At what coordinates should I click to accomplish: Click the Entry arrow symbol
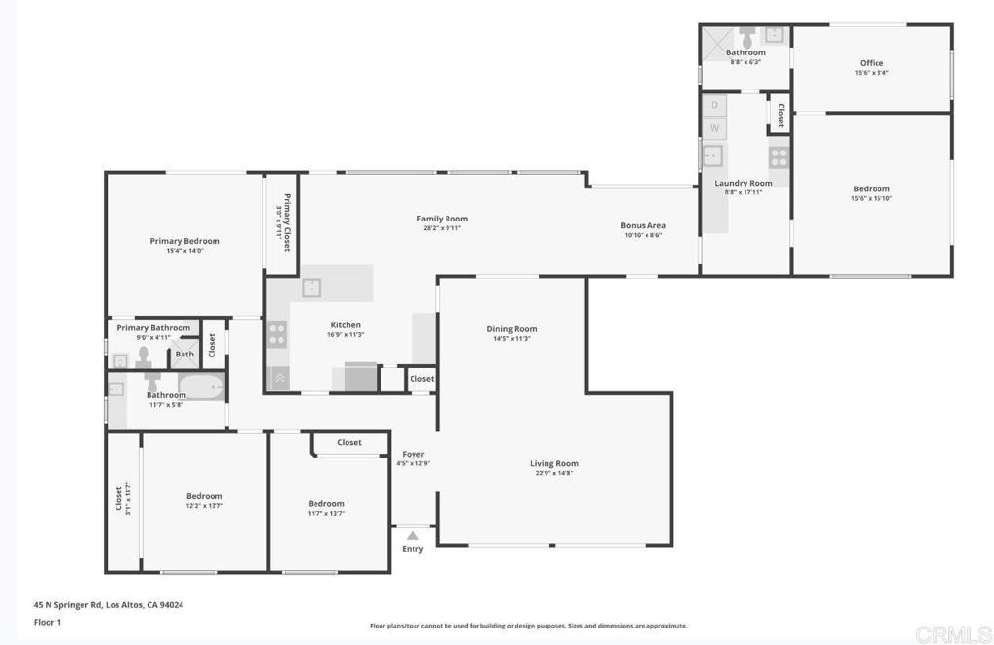(x=413, y=535)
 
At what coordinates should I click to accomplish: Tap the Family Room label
(x=443, y=219)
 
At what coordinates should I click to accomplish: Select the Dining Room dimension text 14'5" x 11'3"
(x=512, y=339)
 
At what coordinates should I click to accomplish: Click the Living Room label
(x=554, y=463)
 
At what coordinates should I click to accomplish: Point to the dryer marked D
(x=714, y=105)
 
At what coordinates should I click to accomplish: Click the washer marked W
(x=714, y=128)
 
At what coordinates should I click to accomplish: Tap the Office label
(x=872, y=63)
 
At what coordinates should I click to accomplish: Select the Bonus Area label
(x=643, y=225)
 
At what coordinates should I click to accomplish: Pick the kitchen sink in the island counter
(x=312, y=287)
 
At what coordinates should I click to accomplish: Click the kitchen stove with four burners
(x=277, y=335)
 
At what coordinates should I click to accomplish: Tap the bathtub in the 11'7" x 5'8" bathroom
(x=201, y=390)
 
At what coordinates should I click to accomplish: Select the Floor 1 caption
(x=47, y=622)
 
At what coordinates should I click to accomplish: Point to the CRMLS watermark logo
(x=952, y=633)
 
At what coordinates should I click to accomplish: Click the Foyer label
(x=414, y=454)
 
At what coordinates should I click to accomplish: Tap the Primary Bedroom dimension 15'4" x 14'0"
(x=184, y=251)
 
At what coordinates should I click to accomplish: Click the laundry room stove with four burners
(x=779, y=156)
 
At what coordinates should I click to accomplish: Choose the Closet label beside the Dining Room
(x=422, y=379)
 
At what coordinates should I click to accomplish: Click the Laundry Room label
(x=744, y=183)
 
